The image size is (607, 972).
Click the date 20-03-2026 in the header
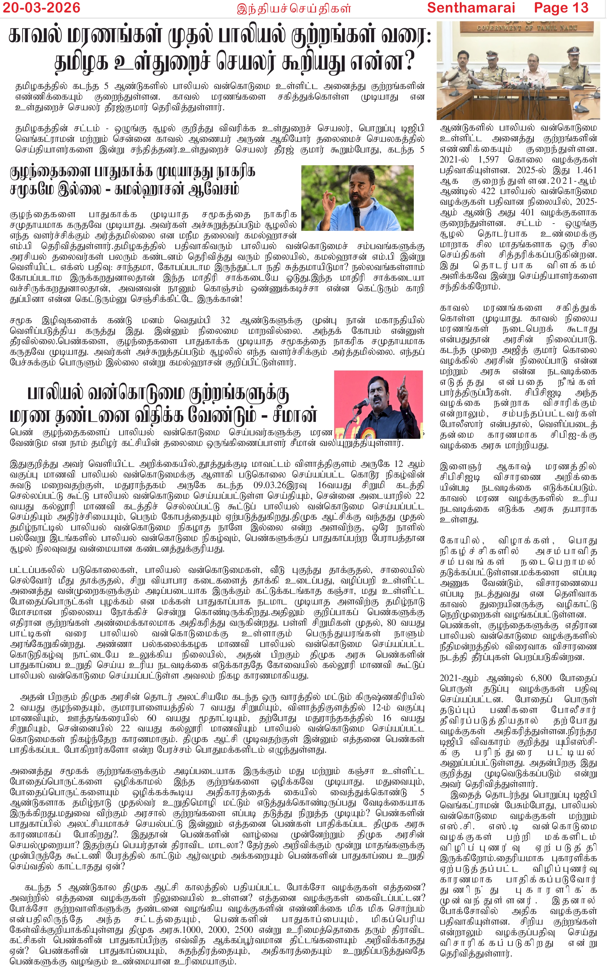(41, 7)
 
